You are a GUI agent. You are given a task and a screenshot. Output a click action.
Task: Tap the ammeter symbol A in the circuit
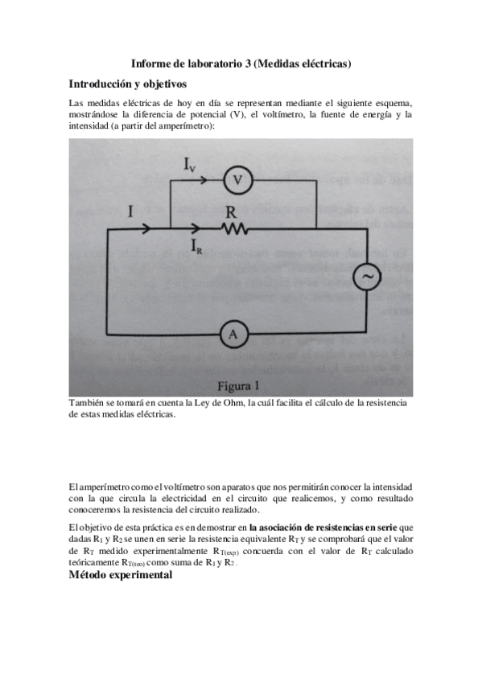[x=233, y=335]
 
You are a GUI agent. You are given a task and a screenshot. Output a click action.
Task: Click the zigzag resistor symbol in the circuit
[x=235, y=231]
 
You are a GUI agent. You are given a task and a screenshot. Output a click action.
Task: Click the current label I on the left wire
[x=130, y=212]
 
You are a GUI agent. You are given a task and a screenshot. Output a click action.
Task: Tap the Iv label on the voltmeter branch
[x=187, y=166]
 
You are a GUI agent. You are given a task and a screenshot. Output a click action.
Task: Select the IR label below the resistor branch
[x=196, y=247]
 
